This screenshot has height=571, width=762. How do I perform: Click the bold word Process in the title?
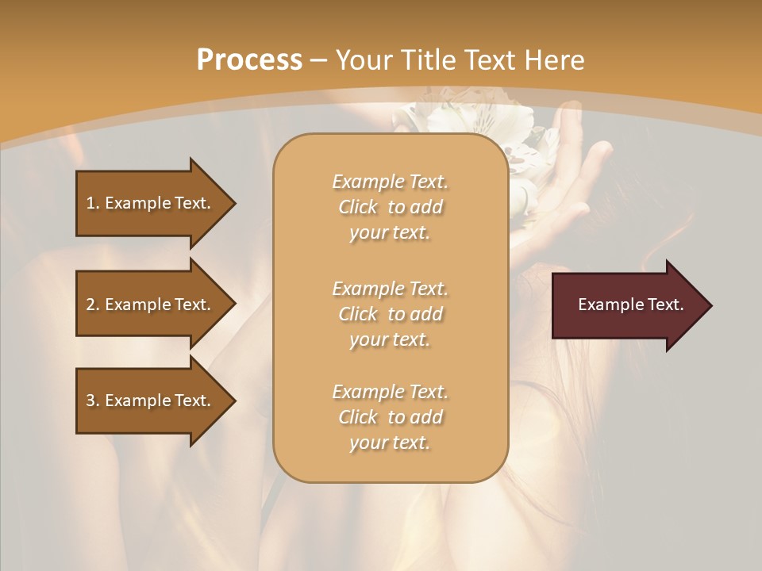click(x=249, y=60)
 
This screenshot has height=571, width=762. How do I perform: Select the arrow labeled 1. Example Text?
click(x=151, y=203)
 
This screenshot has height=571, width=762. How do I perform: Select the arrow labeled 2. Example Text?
click(x=151, y=305)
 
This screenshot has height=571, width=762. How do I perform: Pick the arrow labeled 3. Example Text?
click(x=151, y=400)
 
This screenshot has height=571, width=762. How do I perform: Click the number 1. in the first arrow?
click(x=93, y=203)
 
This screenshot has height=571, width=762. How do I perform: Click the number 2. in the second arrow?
click(x=93, y=305)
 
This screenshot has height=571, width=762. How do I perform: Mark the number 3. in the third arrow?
click(x=93, y=400)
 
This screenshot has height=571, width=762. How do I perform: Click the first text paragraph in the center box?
click(x=390, y=207)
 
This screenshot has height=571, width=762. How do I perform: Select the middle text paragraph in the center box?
click(x=390, y=313)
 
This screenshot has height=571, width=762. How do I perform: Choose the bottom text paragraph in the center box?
click(x=390, y=417)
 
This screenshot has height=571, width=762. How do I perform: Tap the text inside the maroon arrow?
click(x=630, y=305)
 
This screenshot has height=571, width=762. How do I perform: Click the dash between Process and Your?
click(x=319, y=60)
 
